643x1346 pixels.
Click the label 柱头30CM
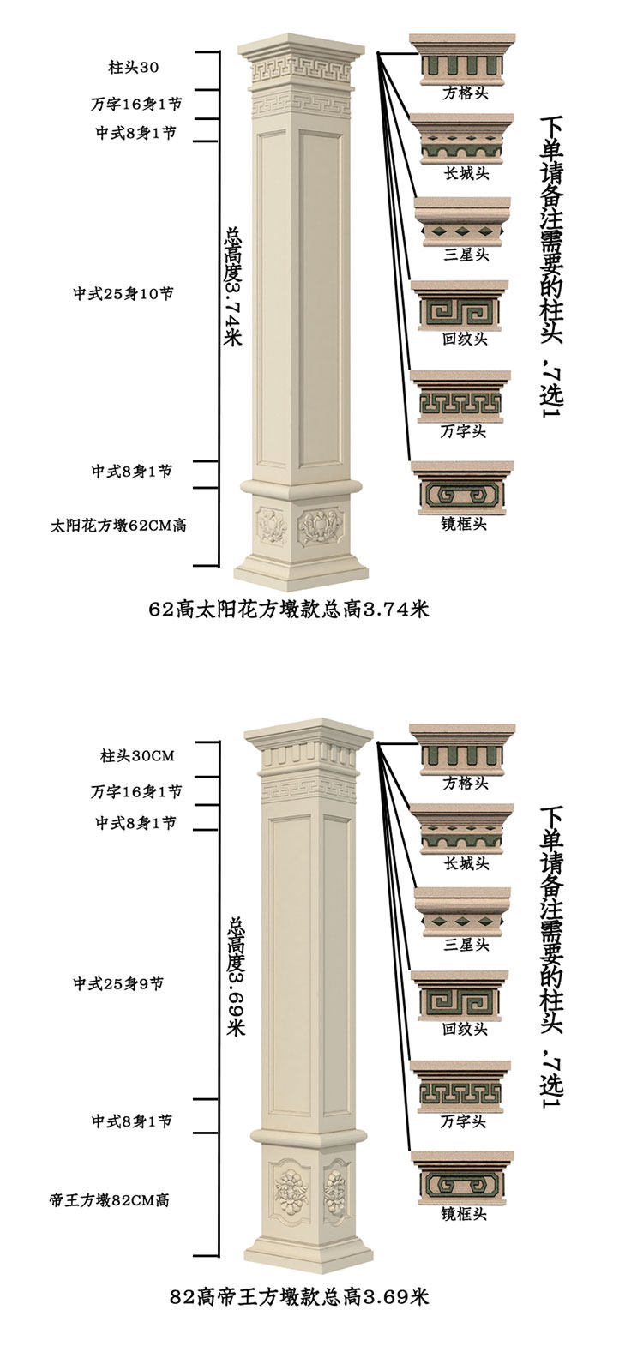click(x=137, y=756)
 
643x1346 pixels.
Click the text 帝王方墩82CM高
click(x=109, y=1200)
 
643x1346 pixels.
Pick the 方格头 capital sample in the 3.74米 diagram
click(x=461, y=60)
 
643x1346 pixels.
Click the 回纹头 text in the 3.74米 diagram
click(x=465, y=339)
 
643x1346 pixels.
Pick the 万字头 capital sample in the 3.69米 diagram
click(x=461, y=1084)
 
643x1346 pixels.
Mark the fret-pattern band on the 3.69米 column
click(x=309, y=789)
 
